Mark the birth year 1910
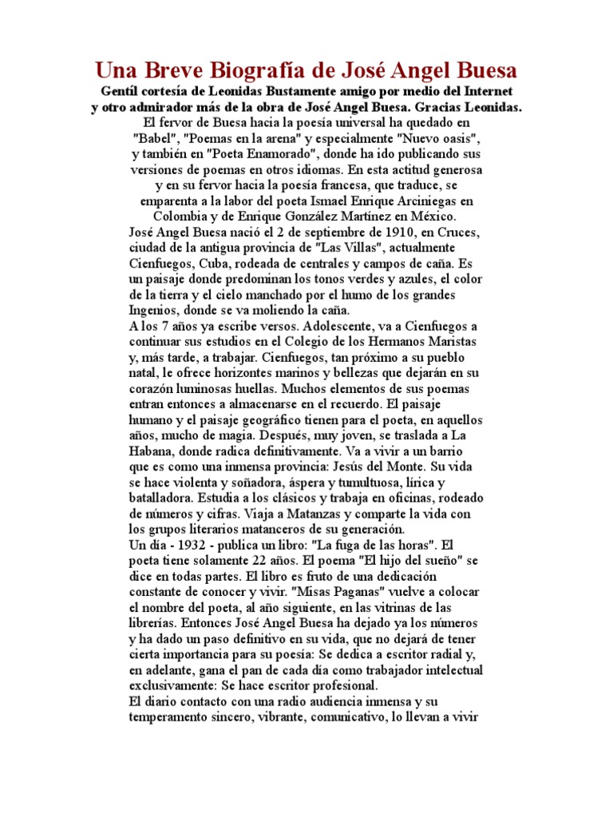(387, 232)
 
